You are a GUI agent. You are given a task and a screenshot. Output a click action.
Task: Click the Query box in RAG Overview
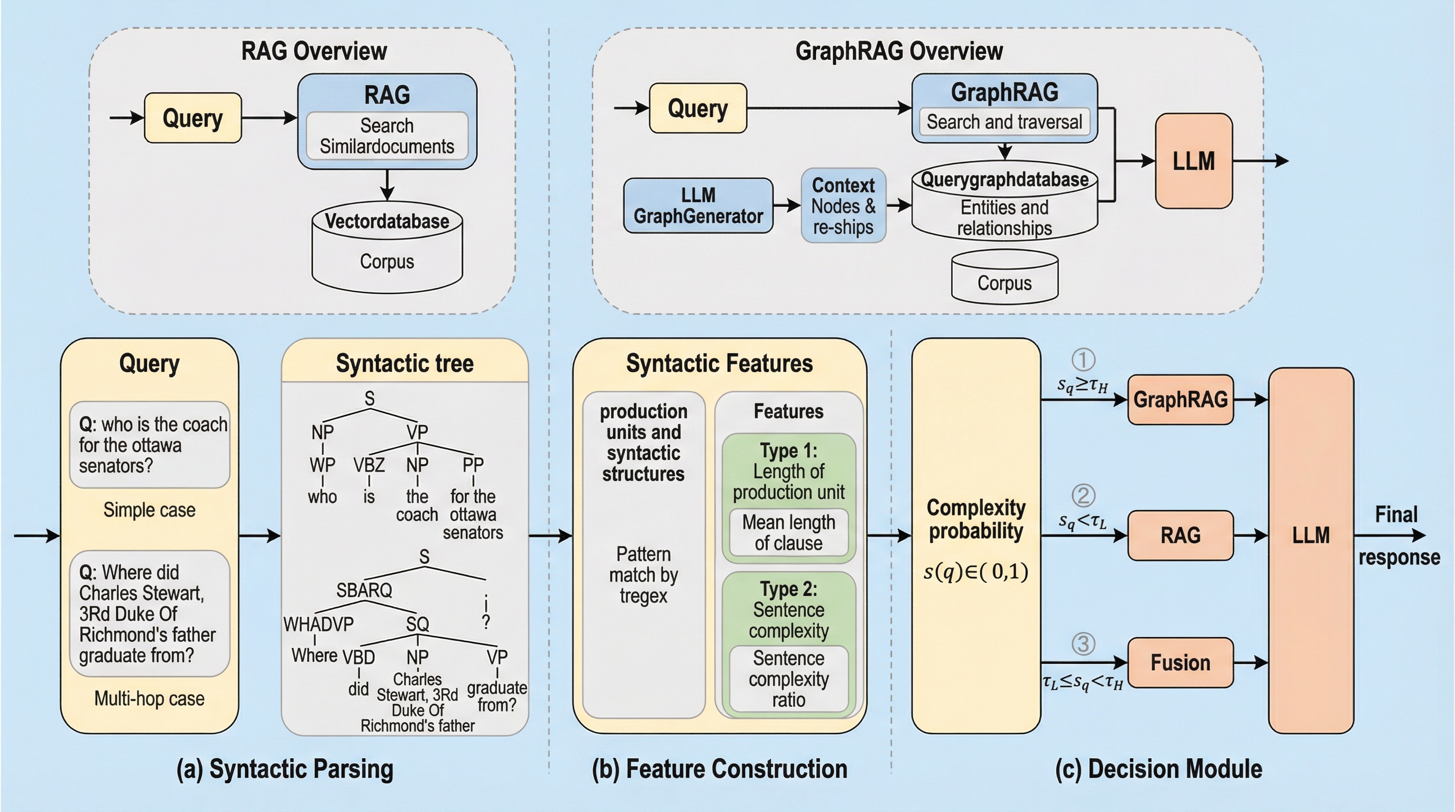pos(192,118)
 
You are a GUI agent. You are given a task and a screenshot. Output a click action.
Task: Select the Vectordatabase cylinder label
pos(387,222)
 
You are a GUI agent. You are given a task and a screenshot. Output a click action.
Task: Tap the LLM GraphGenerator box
pos(698,206)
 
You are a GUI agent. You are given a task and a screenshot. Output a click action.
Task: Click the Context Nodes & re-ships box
pos(843,206)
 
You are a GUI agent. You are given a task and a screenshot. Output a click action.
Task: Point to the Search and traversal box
pos(1004,122)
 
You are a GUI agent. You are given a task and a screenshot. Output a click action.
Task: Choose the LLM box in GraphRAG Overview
pos(1193,161)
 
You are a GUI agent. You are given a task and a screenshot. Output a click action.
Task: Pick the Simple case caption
pos(149,510)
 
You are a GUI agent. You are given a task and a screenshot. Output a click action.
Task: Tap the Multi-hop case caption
pos(149,698)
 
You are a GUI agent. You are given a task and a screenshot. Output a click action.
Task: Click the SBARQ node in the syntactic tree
pos(364,590)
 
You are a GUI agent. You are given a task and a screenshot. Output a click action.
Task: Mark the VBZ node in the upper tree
pos(369,465)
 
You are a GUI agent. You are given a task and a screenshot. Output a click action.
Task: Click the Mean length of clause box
pos(788,532)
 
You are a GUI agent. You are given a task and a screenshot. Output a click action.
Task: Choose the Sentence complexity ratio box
pos(788,679)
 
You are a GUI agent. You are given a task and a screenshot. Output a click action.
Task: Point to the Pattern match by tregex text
pos(643,575)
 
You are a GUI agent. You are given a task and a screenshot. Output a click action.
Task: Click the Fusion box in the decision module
pos(1181,662)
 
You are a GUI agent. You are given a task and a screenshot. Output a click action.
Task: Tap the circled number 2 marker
pos(1083,496)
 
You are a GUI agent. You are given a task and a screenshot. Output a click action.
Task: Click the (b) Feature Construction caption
pos(720,769)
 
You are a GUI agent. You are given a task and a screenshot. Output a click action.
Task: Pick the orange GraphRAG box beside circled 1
pos(1181,400)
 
